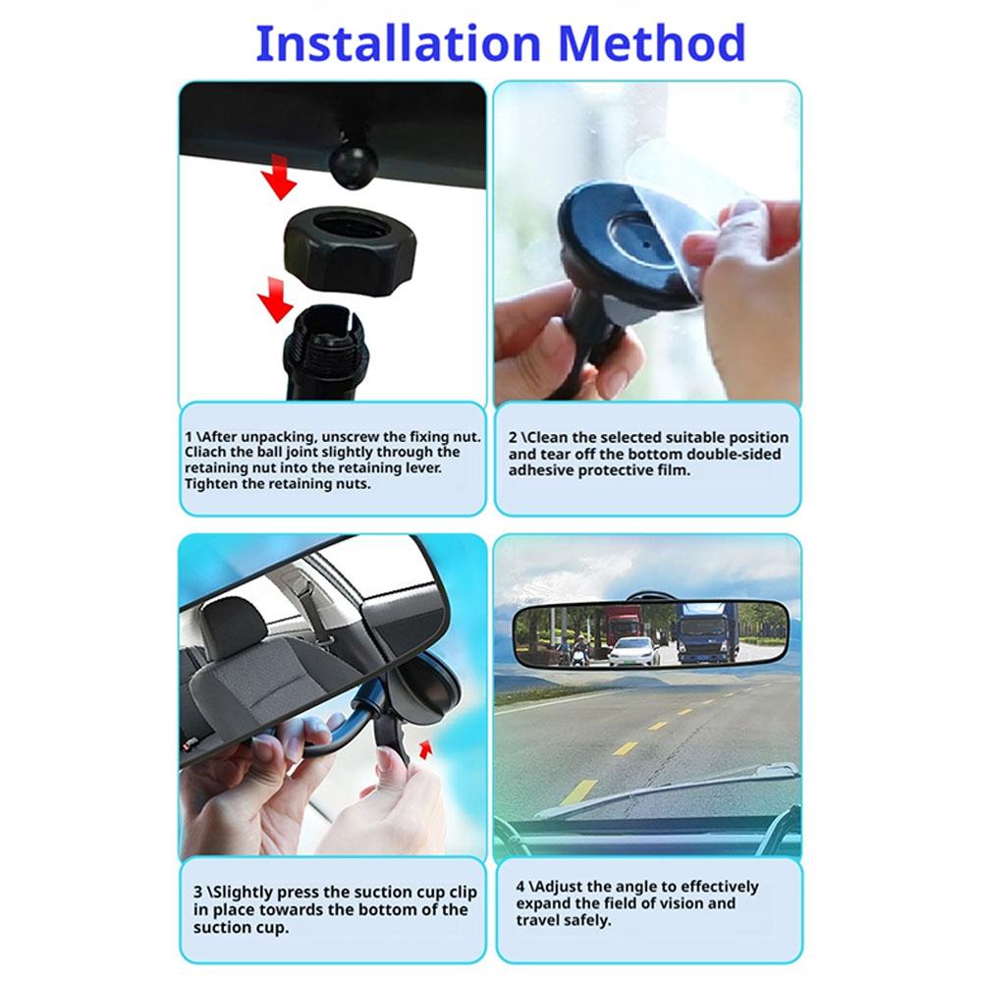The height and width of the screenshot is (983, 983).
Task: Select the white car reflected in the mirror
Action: [x=633, y=650]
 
